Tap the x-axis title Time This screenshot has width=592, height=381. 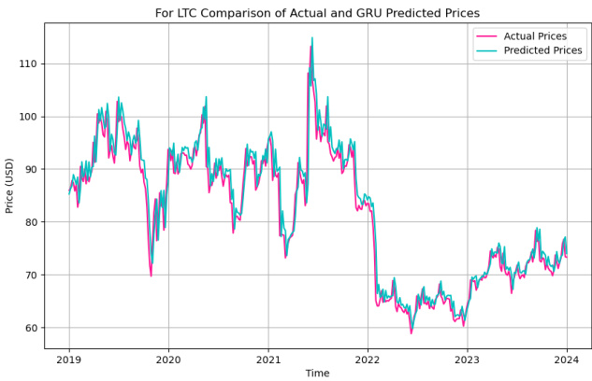coord(317,373)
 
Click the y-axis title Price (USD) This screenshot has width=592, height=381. coord(10,198)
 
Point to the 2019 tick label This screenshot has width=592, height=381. coord(68,358)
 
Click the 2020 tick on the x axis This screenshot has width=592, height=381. coord(168,358)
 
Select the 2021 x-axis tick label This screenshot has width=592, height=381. coord(268,358)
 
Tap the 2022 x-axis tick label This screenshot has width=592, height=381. coord(368,358)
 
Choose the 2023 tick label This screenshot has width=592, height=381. coord(468,358)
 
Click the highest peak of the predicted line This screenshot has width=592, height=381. coord(312,38)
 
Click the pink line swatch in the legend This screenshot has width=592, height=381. coord(486,35)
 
